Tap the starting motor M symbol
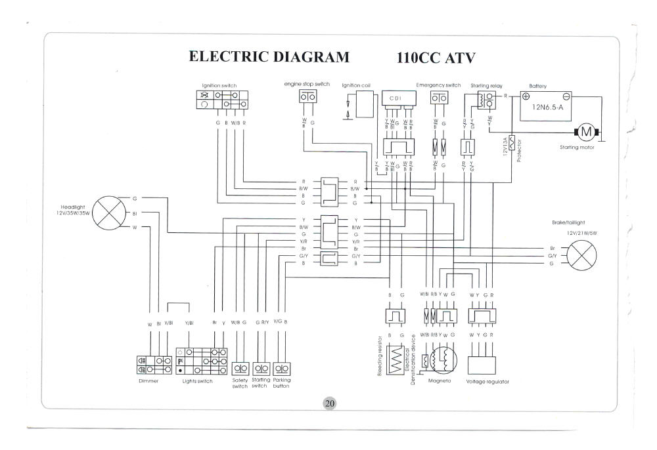[587, 133]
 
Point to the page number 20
[329, 403]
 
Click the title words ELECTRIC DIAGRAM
[269, 56]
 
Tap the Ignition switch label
[219, 86]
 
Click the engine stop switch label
[307, 84]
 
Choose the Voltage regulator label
[487, 381]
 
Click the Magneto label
[438, 380]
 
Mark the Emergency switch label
[438, 85]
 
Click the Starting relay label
[485, 86]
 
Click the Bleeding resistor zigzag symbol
[396, 360]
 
